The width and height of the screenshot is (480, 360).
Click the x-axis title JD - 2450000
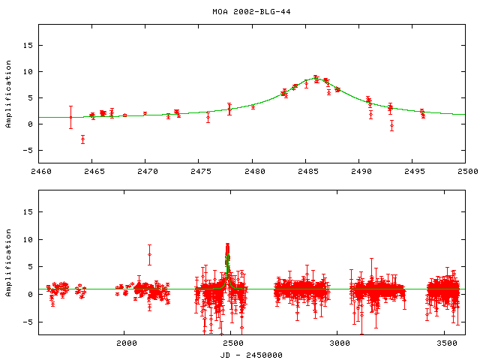(x=240, y=355)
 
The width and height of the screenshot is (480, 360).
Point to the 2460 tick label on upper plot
(x=38, y=172)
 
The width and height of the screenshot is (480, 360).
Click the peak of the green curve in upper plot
(x=316, y=78)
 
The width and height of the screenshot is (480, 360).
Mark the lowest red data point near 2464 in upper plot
(x=82, y=139)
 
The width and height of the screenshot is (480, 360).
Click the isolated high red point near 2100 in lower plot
(x=150, y=255)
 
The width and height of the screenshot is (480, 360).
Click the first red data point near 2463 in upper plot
(x=71, y=117)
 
